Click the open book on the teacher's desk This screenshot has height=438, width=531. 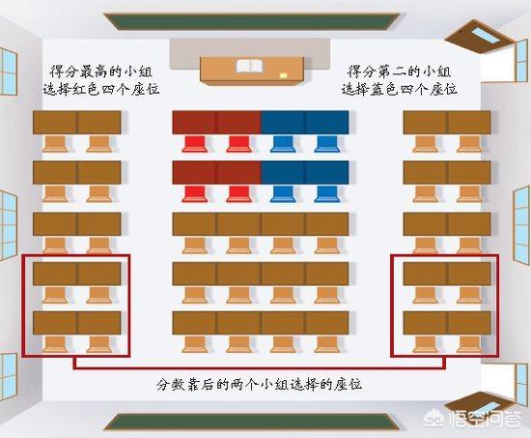coord(249,67)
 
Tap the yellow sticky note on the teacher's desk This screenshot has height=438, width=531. coord(284,75)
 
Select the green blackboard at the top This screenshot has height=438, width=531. coord(252,21)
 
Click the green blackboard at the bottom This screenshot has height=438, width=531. coord(252,422)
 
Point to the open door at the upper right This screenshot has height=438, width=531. coord(477,37)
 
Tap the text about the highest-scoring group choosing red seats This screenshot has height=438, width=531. coord(101,81)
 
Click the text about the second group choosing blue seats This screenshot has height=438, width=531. coord(399,81)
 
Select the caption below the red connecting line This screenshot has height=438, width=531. coord(259,385)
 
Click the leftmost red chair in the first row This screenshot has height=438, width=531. coord(195,144)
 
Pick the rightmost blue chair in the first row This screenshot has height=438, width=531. coord(326,144)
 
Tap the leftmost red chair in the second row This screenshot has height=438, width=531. coord(195,194)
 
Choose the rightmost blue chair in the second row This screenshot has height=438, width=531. coord(326,194)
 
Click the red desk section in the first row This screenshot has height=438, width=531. coord(216,122)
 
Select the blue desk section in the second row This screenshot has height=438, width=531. coord(305,172)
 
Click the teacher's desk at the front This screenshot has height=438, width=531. coord(252,70)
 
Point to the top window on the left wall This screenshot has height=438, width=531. coord(8,72)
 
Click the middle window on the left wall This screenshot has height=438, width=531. coord(8,225)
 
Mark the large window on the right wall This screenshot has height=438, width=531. coord(521,225)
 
